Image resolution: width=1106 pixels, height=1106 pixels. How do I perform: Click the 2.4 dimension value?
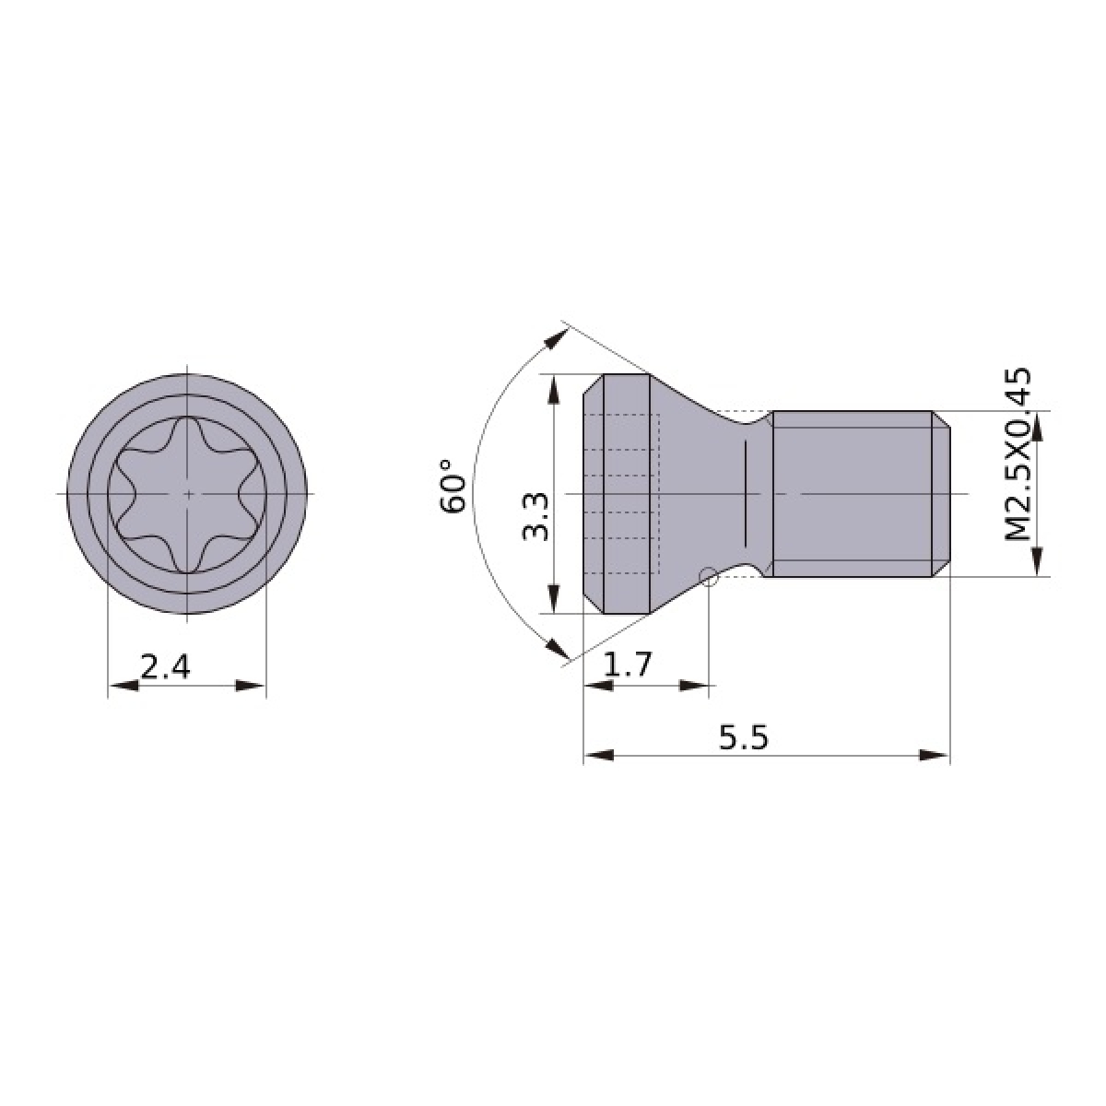165,667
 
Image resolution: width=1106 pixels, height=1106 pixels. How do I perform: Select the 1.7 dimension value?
628,665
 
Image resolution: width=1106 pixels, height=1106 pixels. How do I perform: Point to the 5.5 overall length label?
743,737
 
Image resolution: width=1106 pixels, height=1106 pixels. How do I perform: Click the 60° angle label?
453,486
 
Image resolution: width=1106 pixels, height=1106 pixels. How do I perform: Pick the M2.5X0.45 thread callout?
1018,454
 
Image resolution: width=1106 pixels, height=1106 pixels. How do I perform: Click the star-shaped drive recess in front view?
188,494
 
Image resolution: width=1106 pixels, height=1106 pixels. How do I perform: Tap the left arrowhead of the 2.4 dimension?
123,686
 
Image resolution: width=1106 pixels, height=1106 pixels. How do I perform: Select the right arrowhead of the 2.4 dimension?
252,686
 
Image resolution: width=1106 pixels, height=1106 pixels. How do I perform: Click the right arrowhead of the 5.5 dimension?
935,755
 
